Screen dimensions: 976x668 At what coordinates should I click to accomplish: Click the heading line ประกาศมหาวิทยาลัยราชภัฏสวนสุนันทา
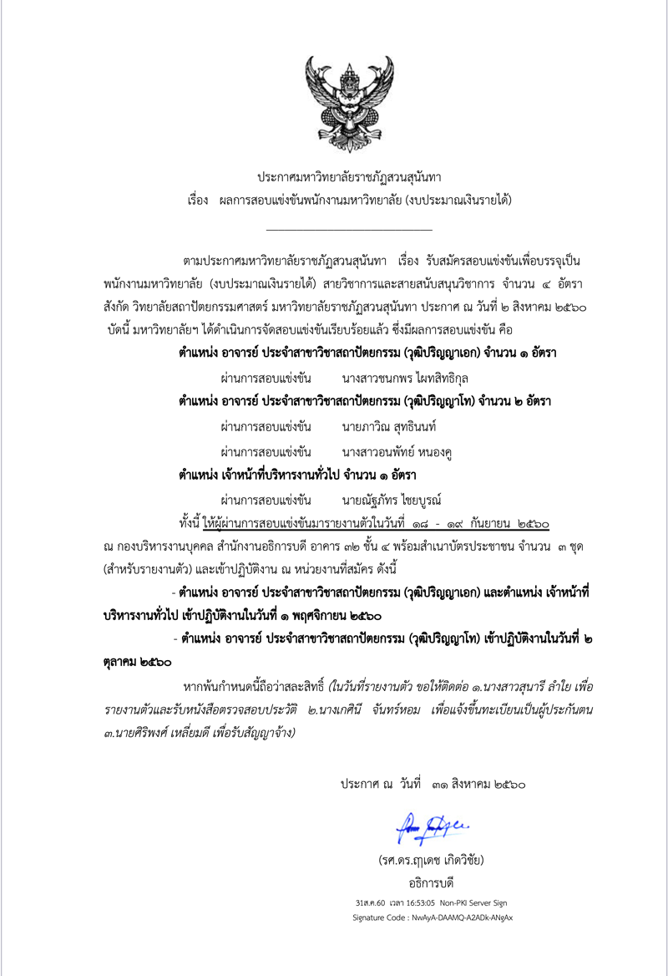tap(349, 177)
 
